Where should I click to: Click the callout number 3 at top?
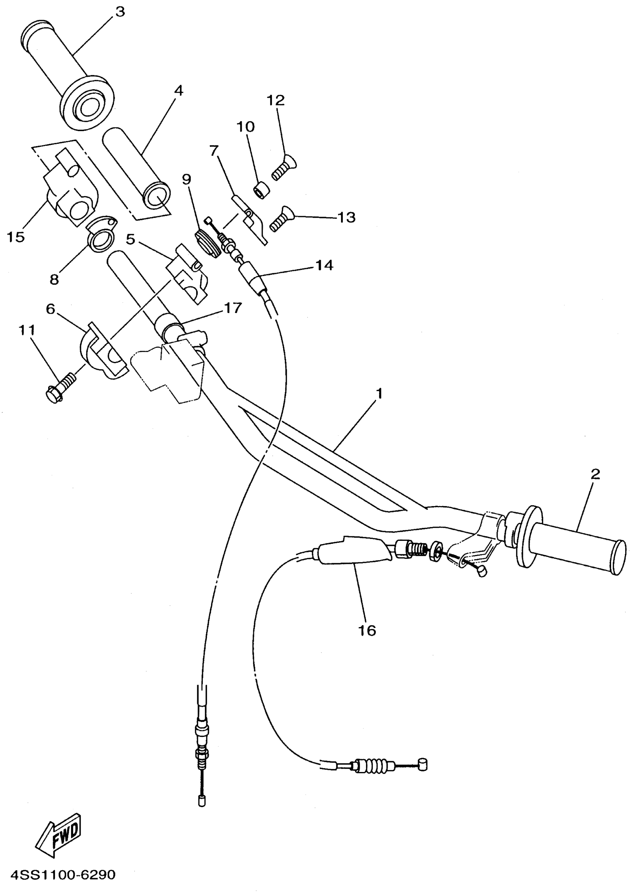click(120, 12)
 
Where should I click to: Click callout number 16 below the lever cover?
click(367, 630)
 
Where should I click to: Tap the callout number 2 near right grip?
click(595, 474)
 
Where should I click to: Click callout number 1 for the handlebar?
click(378, 393)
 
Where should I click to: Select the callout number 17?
click(233, 308)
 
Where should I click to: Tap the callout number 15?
click(16, 236)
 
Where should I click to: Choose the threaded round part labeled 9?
click(207, 243)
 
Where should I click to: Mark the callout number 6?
click(51, 309)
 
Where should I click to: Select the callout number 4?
click(178, 91)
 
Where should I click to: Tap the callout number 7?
click(214, 151)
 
